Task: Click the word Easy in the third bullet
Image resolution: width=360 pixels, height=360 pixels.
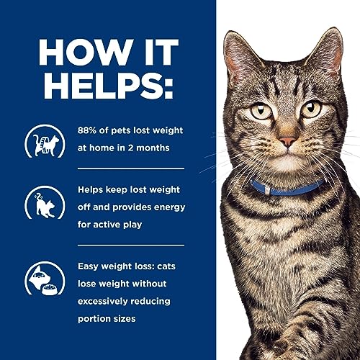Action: coord(89,267)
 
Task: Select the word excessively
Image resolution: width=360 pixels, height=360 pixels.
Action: coord(108,301)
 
